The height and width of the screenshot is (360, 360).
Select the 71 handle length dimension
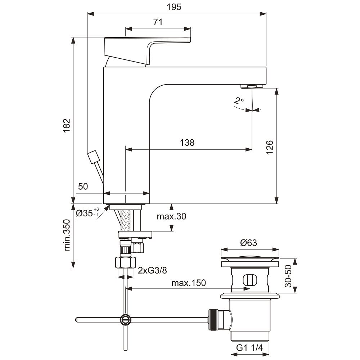pyautogui.click(x=157, y=22)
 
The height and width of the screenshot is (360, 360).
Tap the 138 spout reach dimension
pyautogui.click(x=187, y=143)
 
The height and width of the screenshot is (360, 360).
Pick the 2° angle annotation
pyautogui.click(x=238, y=101)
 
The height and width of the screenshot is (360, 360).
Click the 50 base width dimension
pyautogui.click(x=83, y=186)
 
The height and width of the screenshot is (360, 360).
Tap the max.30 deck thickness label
pyautogui.click(x=172, y=216)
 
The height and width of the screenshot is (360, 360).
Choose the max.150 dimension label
pyautogui.click(x=188, y=283)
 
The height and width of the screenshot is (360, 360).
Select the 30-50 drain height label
pyautogui.click(x=288, y=276)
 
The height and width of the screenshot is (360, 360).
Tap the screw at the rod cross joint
pyautogui.click(x=125, y=319)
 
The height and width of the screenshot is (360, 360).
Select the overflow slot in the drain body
pyautogui.click(x=248, y=280)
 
